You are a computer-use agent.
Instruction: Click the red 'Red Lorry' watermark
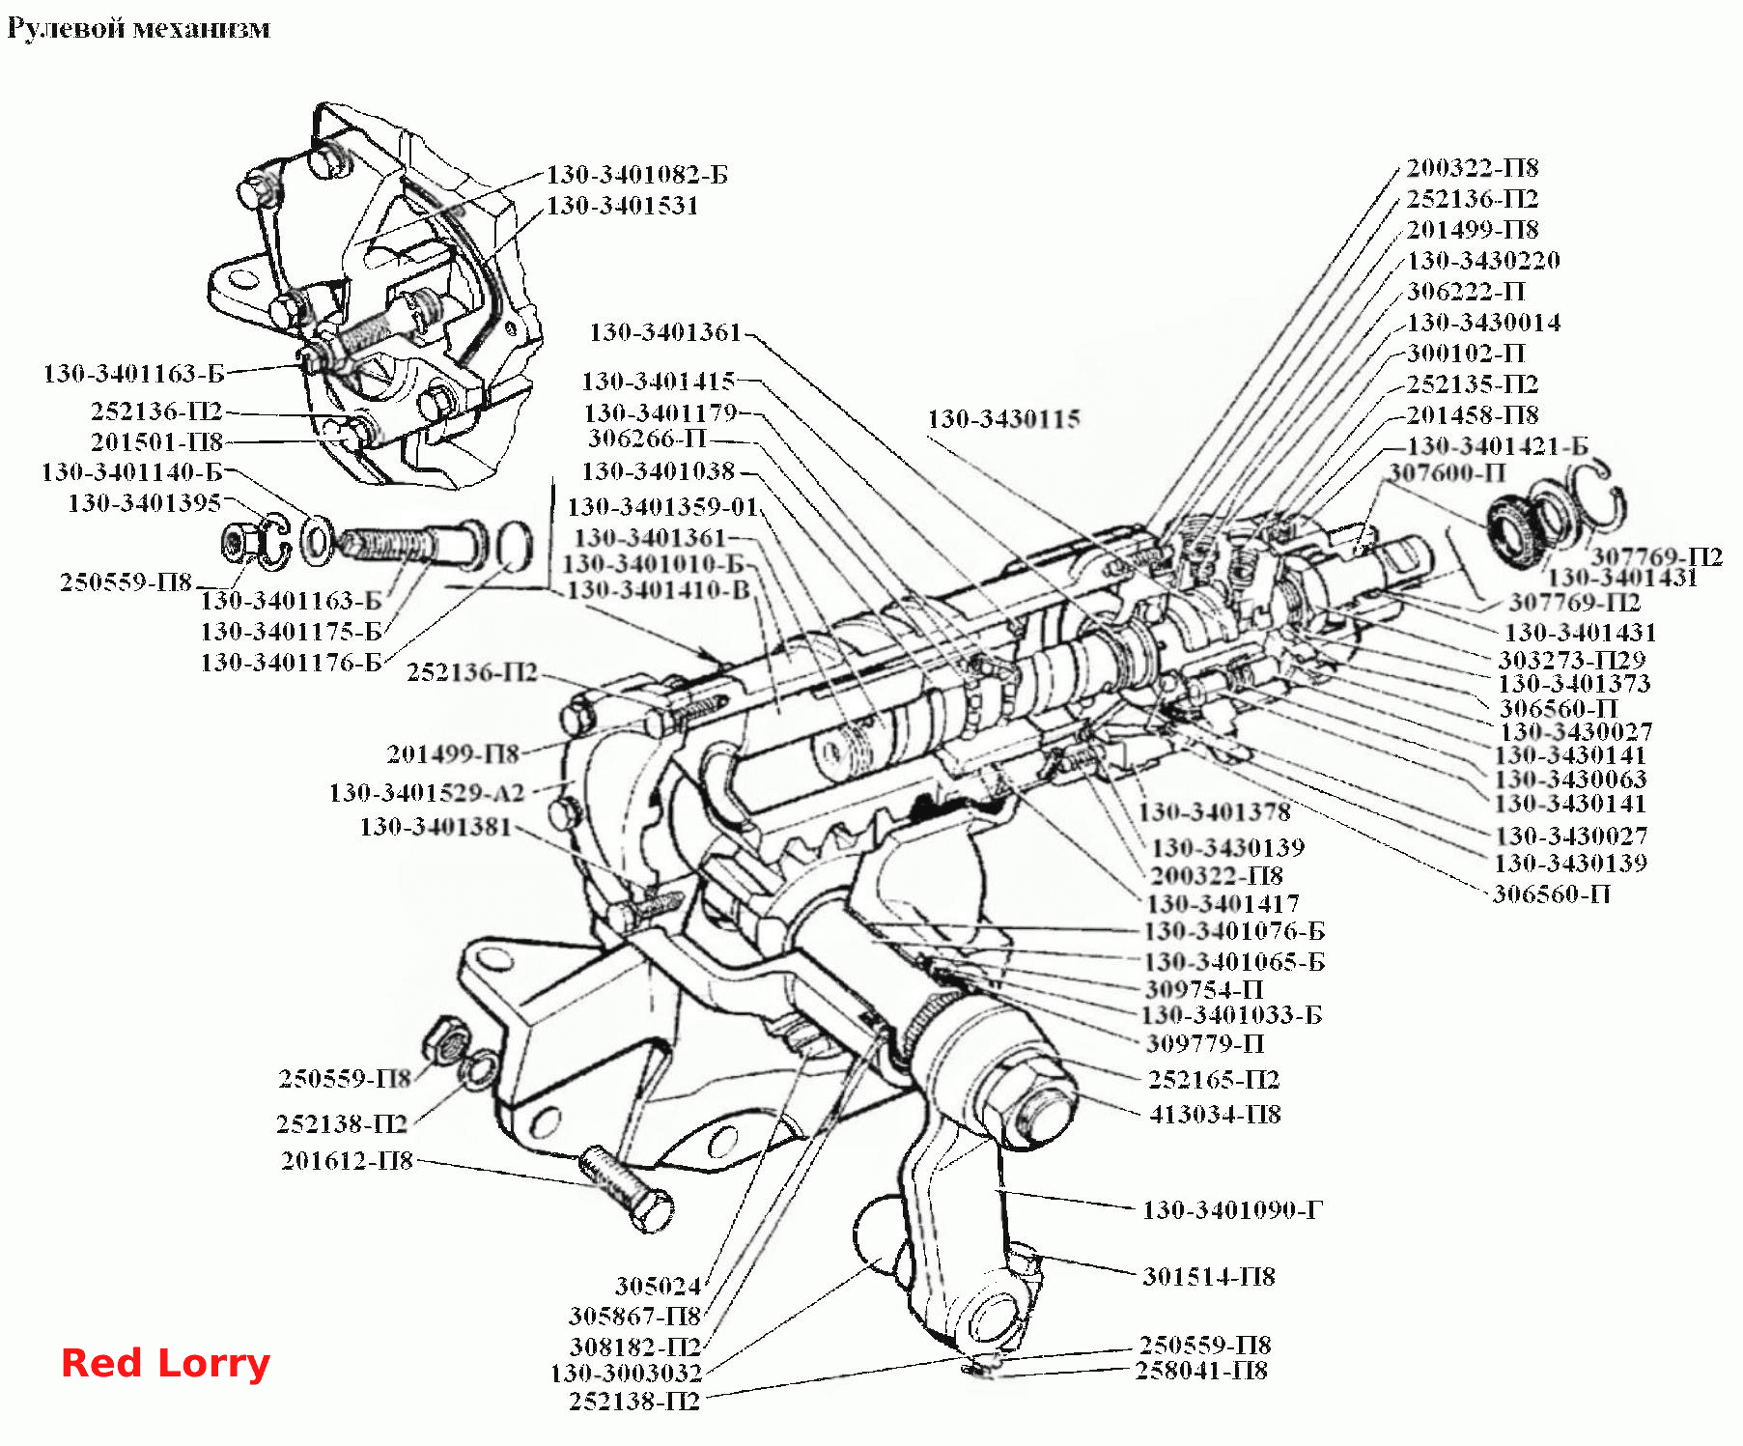(165, 1363)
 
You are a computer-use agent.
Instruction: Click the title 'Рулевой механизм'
(138, 28)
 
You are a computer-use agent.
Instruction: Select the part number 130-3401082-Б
(637, 175)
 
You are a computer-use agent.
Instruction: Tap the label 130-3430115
(1003, 418)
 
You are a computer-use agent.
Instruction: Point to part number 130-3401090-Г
(1232, 1209)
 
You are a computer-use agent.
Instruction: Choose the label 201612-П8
(347, 1160)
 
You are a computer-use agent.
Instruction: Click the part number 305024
(658, 1286)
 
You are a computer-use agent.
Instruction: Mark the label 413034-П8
(1215, 1114)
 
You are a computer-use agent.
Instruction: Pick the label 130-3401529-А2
(427, 792)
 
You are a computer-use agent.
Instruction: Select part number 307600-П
(1447, 472)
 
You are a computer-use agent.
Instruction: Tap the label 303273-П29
(1571, 660)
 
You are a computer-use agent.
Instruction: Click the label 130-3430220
(1483, 260)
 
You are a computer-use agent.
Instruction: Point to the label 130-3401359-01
(662, 506)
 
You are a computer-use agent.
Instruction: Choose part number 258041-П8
(1201, 1370)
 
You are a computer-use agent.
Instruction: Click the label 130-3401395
(145, 502)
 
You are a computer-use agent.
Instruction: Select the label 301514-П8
(1209, 1276)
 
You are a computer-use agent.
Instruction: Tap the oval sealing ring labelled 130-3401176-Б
(514, 547)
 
